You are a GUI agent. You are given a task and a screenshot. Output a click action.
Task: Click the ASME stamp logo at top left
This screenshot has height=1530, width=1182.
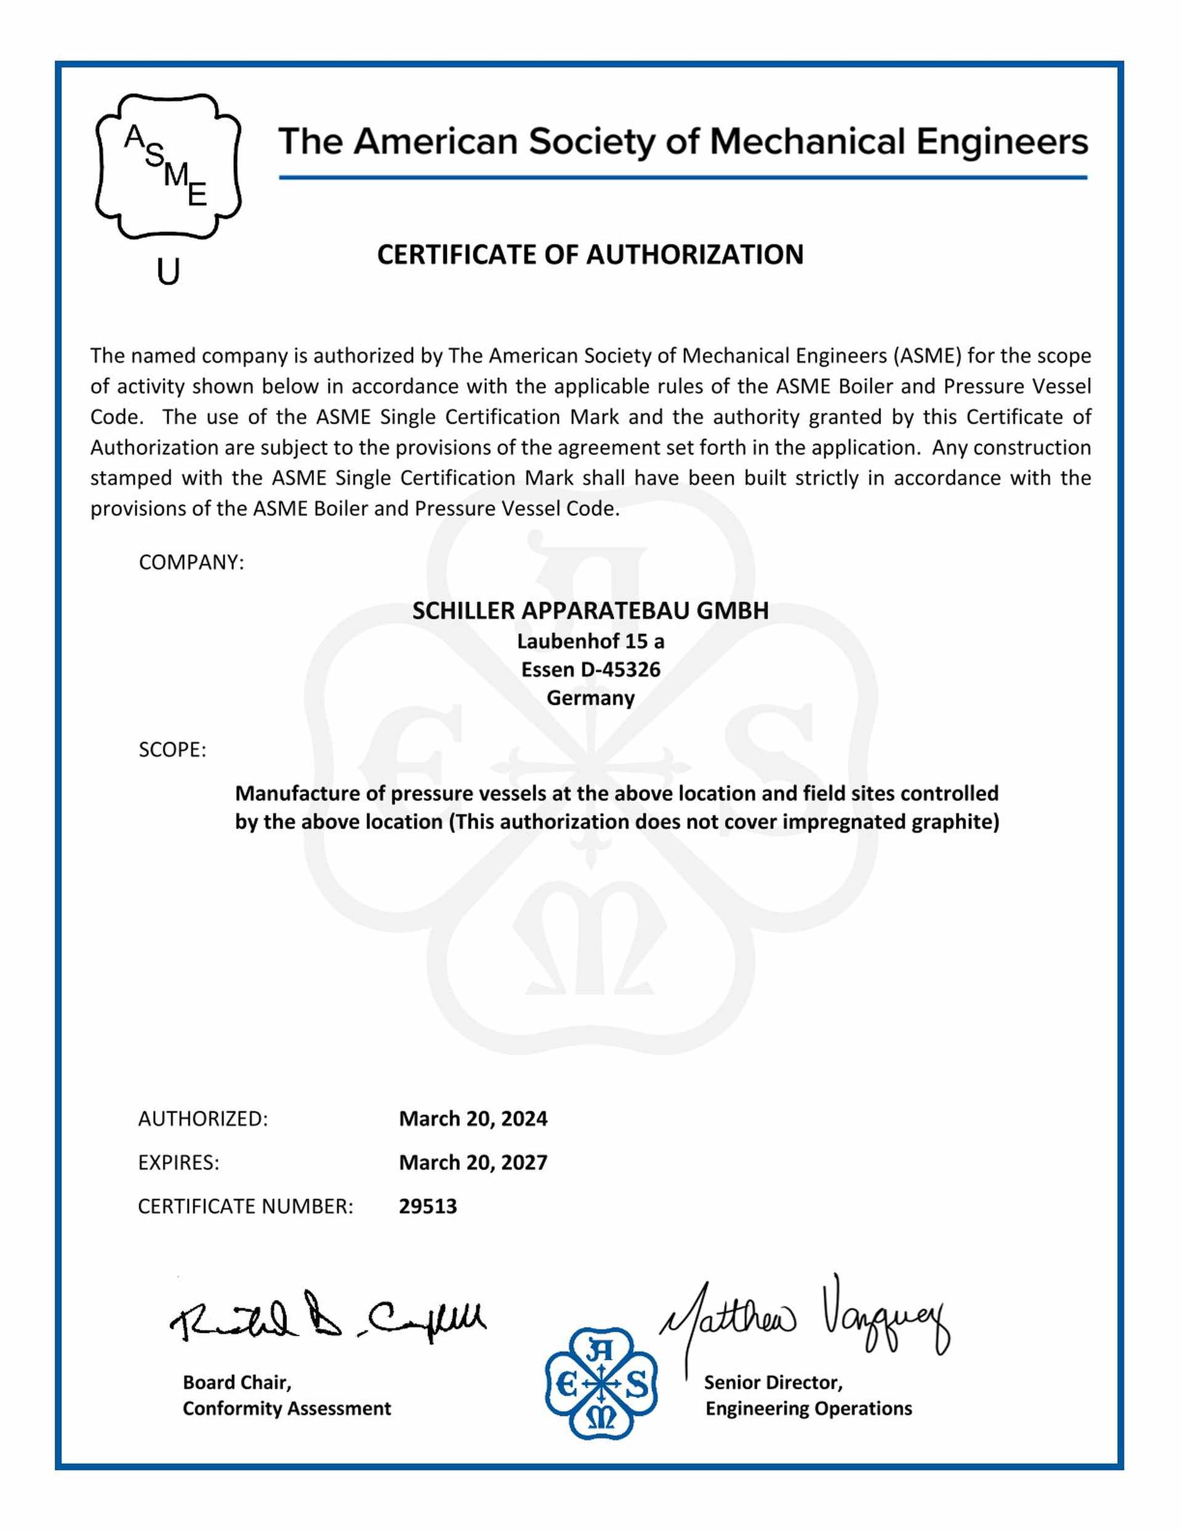168,167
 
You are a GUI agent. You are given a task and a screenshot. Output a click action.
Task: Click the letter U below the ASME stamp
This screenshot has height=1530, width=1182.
168,272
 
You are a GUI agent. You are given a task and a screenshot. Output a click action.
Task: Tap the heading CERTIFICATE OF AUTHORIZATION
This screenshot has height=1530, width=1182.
590,254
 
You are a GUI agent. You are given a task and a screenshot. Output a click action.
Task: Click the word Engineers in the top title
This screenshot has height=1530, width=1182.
1002,142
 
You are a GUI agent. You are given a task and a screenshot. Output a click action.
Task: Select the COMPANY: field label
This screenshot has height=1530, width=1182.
191,562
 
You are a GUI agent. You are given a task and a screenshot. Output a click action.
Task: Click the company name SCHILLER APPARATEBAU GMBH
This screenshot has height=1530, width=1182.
590,610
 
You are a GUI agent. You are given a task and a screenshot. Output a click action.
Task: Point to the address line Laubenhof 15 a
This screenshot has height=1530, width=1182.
590,641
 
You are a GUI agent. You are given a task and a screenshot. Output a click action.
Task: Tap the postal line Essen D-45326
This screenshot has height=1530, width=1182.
590,669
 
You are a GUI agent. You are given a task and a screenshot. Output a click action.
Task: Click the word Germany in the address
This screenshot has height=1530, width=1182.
590,698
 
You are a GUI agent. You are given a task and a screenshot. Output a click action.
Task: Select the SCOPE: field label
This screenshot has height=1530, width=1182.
172,749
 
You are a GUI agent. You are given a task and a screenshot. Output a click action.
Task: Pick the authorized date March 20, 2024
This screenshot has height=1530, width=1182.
473,1118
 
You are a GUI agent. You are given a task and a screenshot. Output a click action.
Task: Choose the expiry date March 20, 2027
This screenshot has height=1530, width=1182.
473,1162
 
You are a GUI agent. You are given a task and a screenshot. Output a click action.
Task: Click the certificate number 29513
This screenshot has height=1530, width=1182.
427,1206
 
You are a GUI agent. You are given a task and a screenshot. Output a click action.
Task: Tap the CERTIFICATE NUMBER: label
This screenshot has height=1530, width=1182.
245,1206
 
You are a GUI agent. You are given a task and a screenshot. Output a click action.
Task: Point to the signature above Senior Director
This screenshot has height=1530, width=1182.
806,1317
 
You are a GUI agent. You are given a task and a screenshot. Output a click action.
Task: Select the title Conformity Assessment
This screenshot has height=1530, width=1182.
286,1407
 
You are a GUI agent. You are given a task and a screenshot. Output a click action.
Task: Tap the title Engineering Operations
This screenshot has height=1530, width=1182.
808,1407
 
